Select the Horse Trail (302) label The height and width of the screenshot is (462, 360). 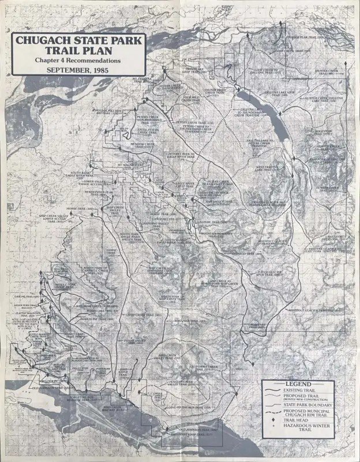(98, 209)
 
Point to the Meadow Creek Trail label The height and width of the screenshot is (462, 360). (141, 147)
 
